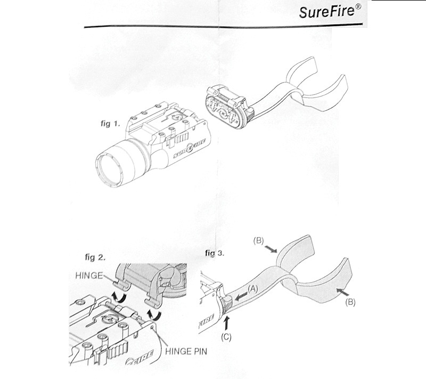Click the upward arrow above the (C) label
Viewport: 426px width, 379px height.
click(230, 321)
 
